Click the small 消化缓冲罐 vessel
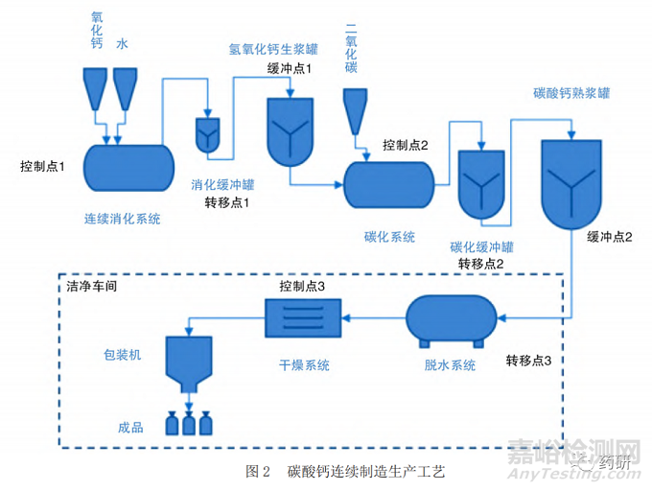coord(208,135)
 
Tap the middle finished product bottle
coord(189,422)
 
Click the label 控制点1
coord(42,167)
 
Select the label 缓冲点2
coord(609,237)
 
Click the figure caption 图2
coord(258,471)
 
